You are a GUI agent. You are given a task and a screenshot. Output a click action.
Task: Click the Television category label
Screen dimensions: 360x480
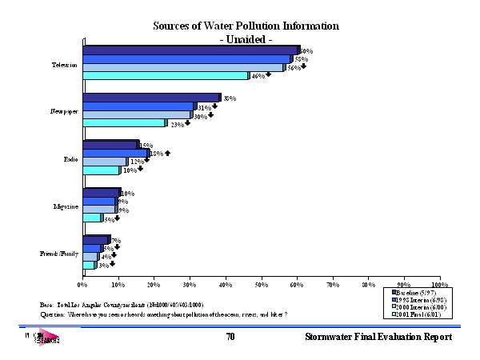[64, 64]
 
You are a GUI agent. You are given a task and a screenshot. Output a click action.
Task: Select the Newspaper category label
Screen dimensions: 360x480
[63, 112]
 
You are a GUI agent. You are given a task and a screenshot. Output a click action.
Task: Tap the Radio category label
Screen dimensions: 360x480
[70, 159]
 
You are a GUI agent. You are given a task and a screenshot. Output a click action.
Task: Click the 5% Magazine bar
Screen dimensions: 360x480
[92, 218]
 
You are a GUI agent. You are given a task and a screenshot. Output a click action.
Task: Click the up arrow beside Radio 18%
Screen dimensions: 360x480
[167, 152]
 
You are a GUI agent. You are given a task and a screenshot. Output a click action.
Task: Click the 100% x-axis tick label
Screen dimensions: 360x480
[439, 284]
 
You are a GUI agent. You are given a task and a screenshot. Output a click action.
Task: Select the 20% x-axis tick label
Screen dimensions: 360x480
[154, 284]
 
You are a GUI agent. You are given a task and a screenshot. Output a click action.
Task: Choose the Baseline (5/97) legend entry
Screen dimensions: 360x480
[416, 294]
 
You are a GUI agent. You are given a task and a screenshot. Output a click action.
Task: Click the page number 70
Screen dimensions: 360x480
[230, 338]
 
